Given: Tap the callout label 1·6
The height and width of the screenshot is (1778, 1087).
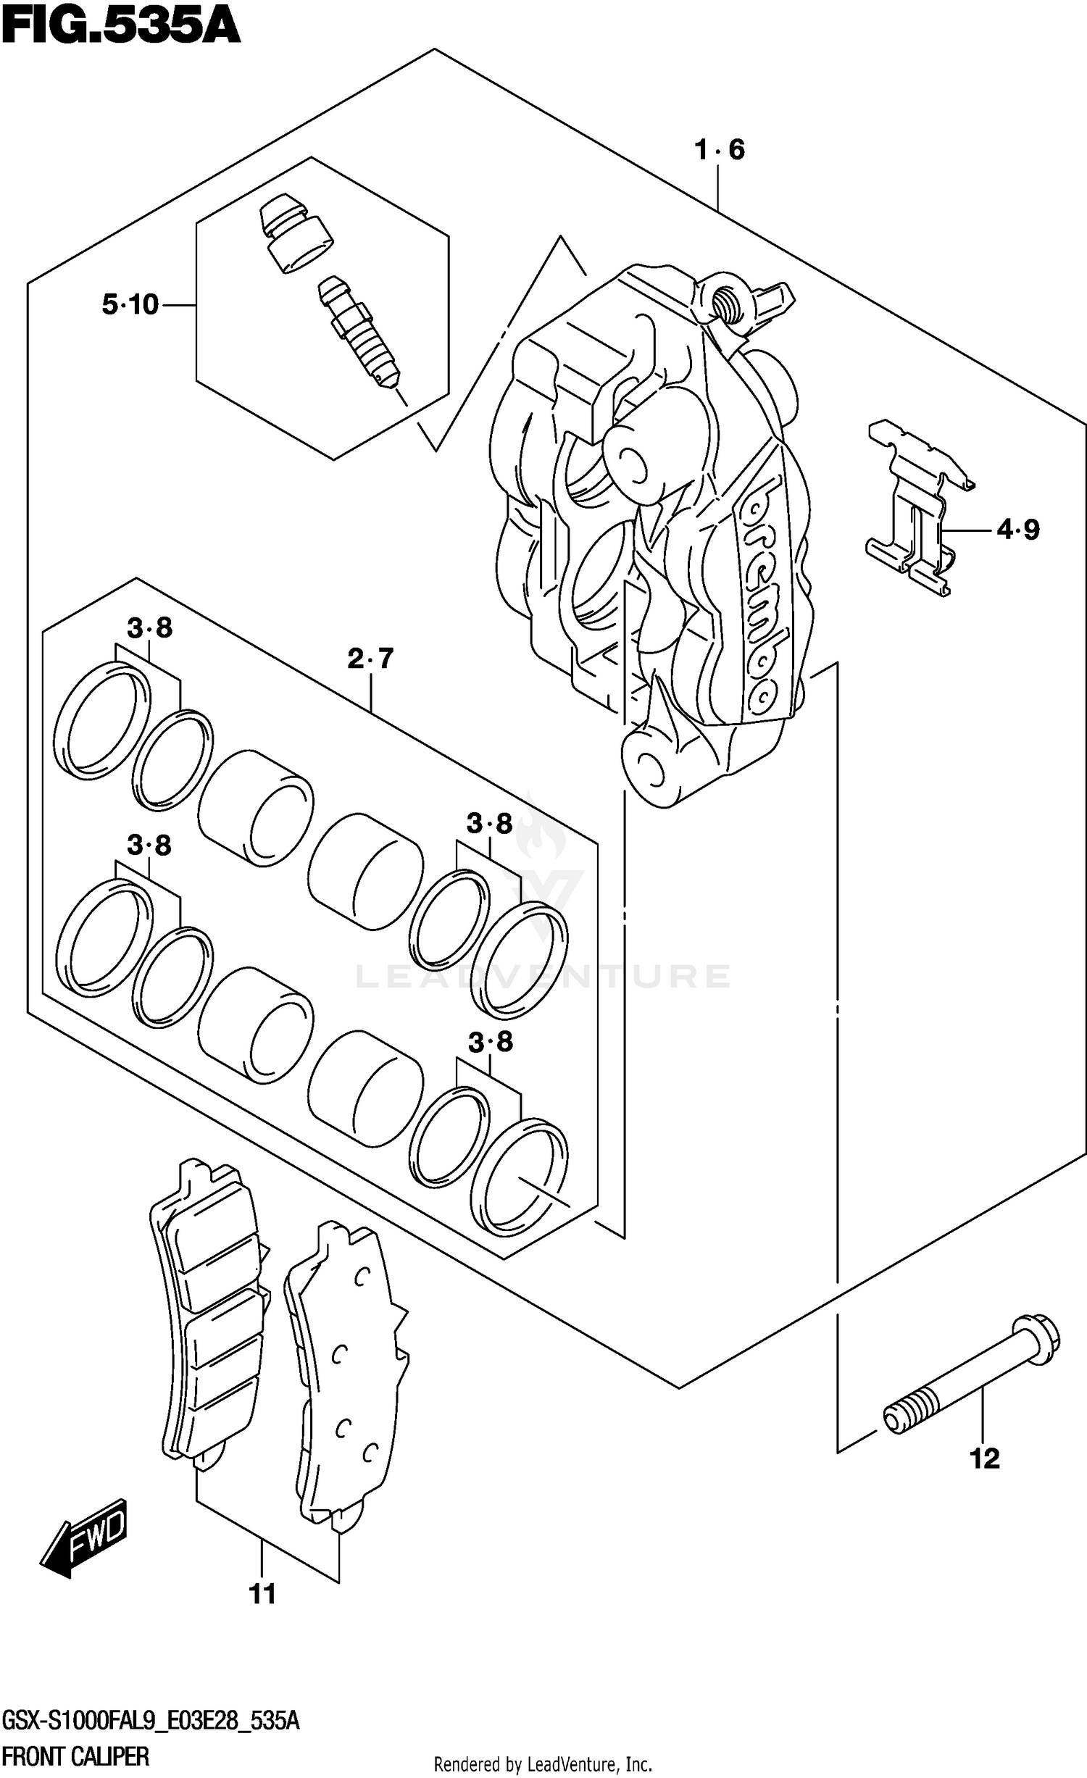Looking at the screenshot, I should (719, 150).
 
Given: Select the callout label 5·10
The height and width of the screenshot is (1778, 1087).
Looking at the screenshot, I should (130, 305).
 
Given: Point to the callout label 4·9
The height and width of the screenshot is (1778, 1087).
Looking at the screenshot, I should (1017, 530).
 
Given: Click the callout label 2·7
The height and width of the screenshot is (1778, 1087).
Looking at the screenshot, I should (370, 659).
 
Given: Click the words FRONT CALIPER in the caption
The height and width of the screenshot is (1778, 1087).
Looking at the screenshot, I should (75, 1755).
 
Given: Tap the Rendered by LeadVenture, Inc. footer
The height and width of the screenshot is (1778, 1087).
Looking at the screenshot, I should (543, 1764).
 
